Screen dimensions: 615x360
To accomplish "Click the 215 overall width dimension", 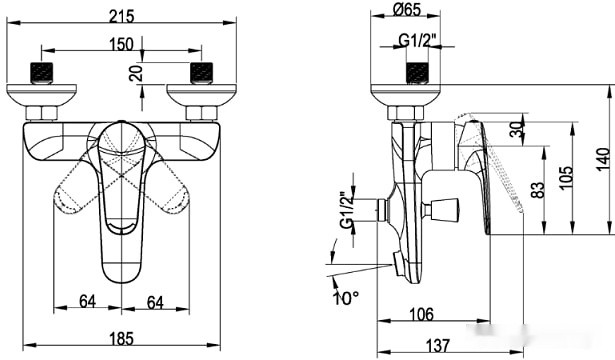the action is click(122, 16).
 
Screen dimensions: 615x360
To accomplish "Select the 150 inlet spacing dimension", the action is click(121, 44).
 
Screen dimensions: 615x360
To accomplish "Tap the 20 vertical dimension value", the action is click(136, 73).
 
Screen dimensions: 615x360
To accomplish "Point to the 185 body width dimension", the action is click(122, 338).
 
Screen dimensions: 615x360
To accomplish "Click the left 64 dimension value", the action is click(87, 302).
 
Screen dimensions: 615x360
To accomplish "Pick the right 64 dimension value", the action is click(155, 302).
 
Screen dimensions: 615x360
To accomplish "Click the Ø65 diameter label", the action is click(406, 9).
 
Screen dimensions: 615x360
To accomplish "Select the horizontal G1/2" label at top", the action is click(418, 40).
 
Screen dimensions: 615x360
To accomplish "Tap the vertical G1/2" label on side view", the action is click(347, 210).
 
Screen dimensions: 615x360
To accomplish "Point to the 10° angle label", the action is click(346, 298).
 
